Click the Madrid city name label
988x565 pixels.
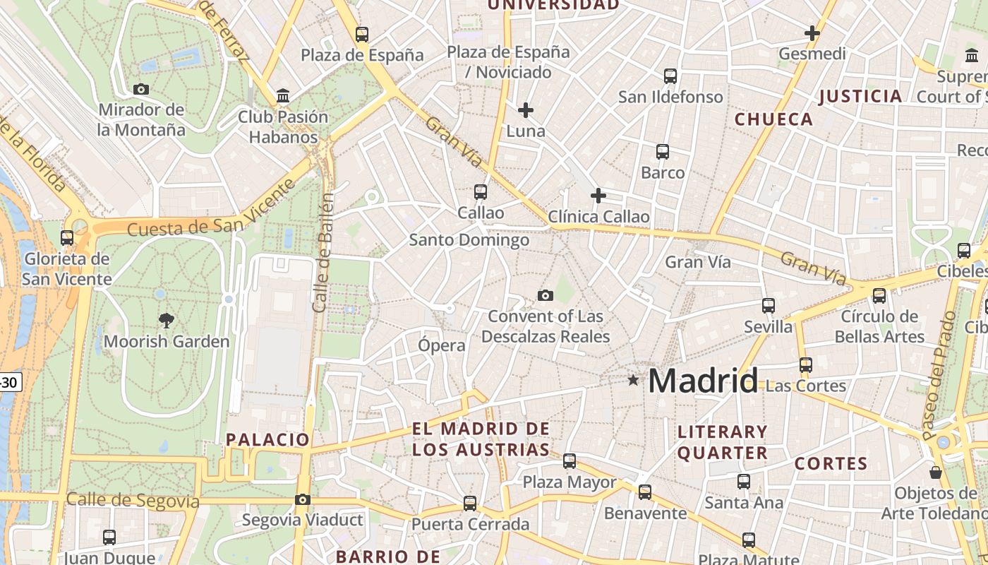(x=703, y=381)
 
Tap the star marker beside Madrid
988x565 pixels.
(x=633, y=380)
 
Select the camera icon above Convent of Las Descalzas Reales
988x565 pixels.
(x=545, y=295)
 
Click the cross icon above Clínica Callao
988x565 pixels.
(x=598, y=196)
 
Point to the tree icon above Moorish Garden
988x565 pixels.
(x=167, y=321)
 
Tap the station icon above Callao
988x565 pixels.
(x=481, y=191)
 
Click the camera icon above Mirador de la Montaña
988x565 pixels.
(x=141, y=89)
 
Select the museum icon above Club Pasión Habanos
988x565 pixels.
(x=283, y=95)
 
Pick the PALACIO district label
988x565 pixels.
(x=268, y=439)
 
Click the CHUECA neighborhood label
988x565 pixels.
(x=774, y=119)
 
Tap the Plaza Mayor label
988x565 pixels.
(x=570, y=482)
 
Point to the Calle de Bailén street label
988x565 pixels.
(x=323, y=252)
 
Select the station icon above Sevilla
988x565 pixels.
(x=769, y=306)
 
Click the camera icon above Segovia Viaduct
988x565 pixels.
(x=302, y=499)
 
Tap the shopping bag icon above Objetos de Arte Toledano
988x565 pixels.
(x=936, y=472)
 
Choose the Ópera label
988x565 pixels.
(x=442, y=345)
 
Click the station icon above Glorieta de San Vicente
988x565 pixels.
(x=67, y=238)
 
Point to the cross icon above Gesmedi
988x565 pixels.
(x=812, y=32)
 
